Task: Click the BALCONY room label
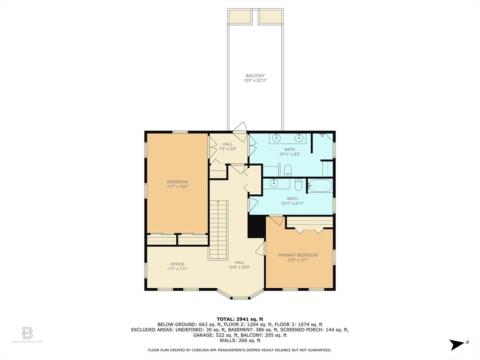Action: click(x=255, y=75)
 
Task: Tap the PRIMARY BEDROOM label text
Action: click(x=298, y=255)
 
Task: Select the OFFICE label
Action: click(x=177, y=264)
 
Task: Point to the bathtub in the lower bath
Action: click(x=320, y=186)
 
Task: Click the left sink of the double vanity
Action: click(x=277, y=138)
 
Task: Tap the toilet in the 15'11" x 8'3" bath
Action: click(x=288, y=170)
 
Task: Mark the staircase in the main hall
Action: click(x=218, y=229)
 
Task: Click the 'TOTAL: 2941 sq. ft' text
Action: click(x=240, y=318)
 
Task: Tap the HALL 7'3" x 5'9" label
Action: click(x=227, y=146)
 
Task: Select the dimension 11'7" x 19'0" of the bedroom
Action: click(x=177, y=187)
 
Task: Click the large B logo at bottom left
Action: click(x=28, y=333)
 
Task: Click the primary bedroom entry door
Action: click(x=276, y=219)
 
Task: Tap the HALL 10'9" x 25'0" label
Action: click(x=239, y=265)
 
